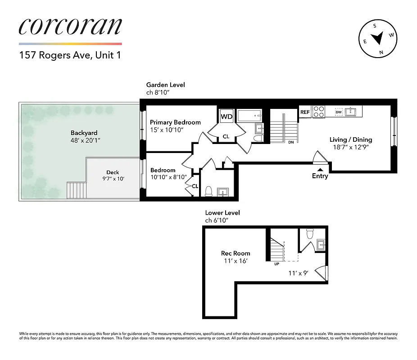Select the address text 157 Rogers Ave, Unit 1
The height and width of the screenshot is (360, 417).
coord(70,56)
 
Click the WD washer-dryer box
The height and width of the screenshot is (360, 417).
coord(227,117)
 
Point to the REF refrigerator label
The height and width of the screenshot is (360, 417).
coord(305,112)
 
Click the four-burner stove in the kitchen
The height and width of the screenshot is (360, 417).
coord(319,111)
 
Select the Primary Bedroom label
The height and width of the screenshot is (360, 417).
coord(175,122)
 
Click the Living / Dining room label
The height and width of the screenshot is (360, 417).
coord(351,139)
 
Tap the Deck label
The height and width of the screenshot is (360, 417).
coord(113,172)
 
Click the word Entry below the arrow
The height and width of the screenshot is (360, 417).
coord(320,176)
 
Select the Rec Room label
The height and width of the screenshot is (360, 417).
coord(236,253)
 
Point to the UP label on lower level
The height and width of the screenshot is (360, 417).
coord(276,264)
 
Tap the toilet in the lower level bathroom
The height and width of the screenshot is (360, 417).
coord(309,234)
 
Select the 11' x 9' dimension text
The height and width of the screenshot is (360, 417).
coord(298,273)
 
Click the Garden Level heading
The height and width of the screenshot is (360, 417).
coord(165,85)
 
